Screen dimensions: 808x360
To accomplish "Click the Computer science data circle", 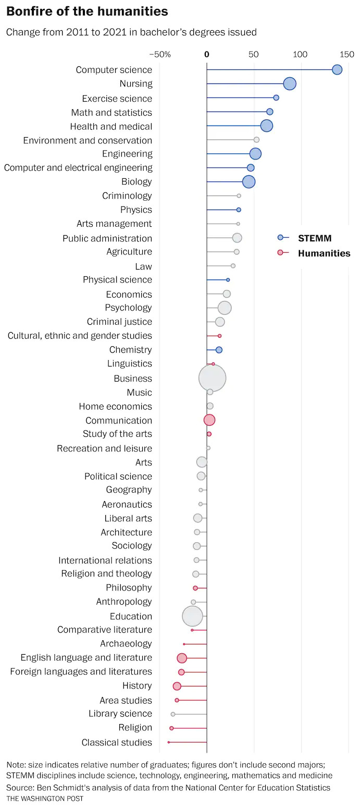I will pyautogui.click(x=337, y=70).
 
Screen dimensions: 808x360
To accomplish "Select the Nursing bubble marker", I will pyautogui.click(x=290, y=84).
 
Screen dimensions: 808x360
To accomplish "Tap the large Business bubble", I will pyautogui.click(x=213, y=378).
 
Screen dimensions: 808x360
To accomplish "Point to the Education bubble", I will pyautogui.click(x=192, y=616).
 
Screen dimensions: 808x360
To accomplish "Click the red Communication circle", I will pyautogui.click(x=209, y=420).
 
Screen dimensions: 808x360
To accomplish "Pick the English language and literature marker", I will pyautogui.click(x=182, y=658).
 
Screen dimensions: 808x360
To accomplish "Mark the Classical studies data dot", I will pyautogui.click(x=169, y=742).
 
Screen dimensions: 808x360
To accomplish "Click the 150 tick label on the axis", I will pyautogui.click(x=347, y=54).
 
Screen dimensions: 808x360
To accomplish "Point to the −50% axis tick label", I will pyautogui.click(x=160, y=54).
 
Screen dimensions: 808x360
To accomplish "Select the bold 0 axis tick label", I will pyautogui.click(x=207, y=54).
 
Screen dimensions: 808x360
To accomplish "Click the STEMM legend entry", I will pyautogui.click(x=314, y=238).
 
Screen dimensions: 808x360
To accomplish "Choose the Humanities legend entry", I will pyautogui.click(x=324, y=253).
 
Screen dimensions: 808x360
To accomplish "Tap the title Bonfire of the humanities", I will pyautogui.click(x=87, y=11).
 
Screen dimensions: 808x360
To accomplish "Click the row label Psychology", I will pyautogui.click(x=128, y=308).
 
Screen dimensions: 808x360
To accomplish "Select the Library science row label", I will pyautogui.click(x=120, y=714).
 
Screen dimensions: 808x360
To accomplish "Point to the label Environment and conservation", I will pyautogui.click(x=88, y=140).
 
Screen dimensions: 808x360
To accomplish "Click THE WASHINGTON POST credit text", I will pyautogui.click(x=45, y=799).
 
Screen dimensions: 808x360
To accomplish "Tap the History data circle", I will pyautogui.click(x=177, y=686).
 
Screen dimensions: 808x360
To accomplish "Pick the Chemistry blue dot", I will pyautogui.click(x=219, y=350).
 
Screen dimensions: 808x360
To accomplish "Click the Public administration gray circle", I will pyautogui.click(x=237, y=238).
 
